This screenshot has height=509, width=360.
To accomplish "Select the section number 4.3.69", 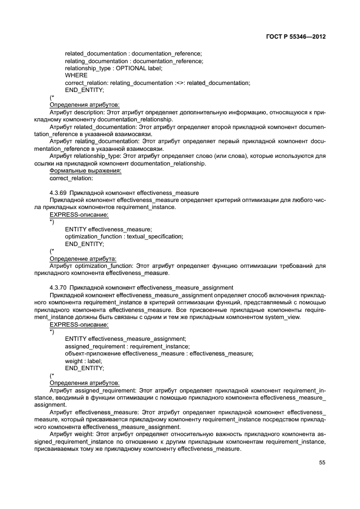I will tap(58, 193).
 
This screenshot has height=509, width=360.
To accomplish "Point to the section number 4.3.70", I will tap(58, 287).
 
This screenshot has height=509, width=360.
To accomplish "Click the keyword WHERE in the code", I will tap(76, 75).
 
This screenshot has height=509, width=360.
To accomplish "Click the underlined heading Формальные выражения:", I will tap(86, 170).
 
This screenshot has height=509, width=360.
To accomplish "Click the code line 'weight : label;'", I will tap(83, 360).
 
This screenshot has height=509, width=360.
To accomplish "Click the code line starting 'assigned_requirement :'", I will tap(127, 346).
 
